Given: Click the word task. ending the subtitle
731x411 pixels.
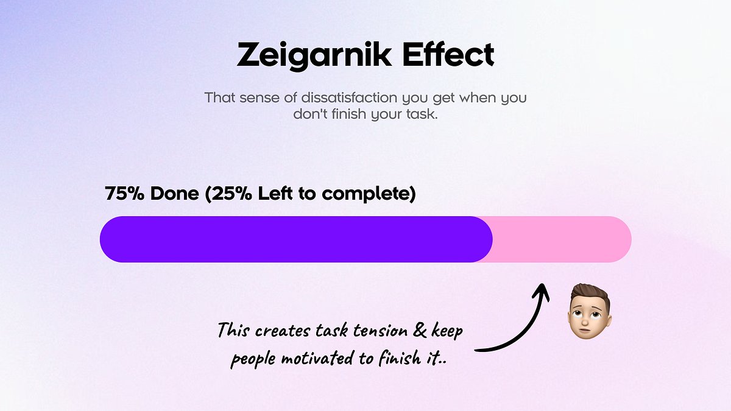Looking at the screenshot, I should [421, 114].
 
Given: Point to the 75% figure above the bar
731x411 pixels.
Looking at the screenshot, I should [125, 194].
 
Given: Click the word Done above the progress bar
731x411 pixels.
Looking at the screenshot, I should [175, 194].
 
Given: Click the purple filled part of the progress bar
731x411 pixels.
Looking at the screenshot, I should [295, 239].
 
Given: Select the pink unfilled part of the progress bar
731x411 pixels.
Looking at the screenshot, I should [560, 239].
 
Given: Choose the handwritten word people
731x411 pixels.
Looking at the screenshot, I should [253, 359].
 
